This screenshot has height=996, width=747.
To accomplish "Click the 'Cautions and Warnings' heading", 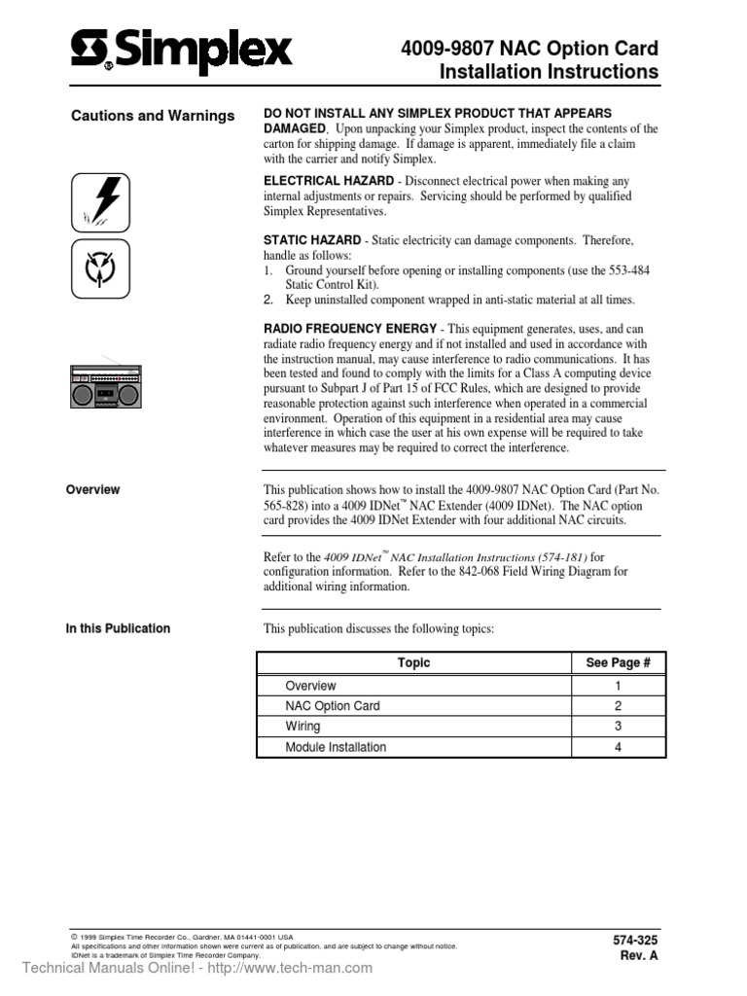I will (x=153, y=116).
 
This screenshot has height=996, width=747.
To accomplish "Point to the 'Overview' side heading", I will (x=92, y=490).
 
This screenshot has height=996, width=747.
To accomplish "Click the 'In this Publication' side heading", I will (x=118, y=628).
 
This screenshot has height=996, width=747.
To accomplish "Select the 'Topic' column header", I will (x=413, y=663).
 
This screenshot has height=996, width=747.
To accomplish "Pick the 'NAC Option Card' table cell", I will (x=332, y=706).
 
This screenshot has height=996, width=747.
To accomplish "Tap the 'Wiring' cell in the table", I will (x=302, y=727).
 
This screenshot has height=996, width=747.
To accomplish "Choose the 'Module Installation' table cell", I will (x=335, y=747).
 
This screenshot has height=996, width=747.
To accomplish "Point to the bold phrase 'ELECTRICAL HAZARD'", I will (x=329, y=182).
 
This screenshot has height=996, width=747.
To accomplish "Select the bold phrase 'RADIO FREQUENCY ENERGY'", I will (x=350, y=329).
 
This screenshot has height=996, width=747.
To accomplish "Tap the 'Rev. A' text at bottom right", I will (x=639, y=956).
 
